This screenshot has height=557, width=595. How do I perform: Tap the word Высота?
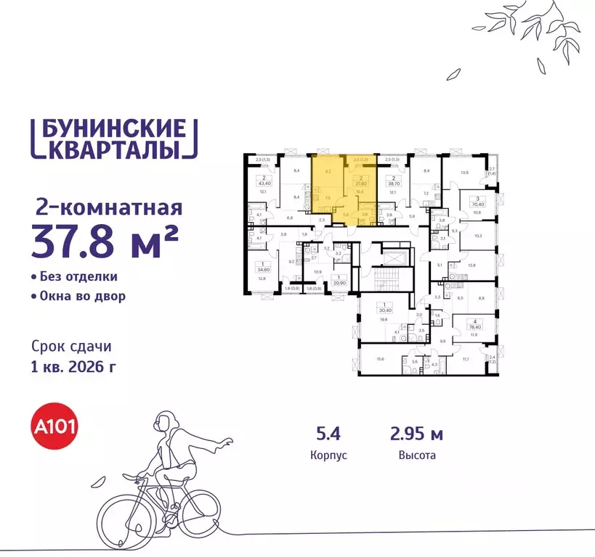[x=416, y=456]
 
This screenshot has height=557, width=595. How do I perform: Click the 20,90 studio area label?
[x=339, y=281]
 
